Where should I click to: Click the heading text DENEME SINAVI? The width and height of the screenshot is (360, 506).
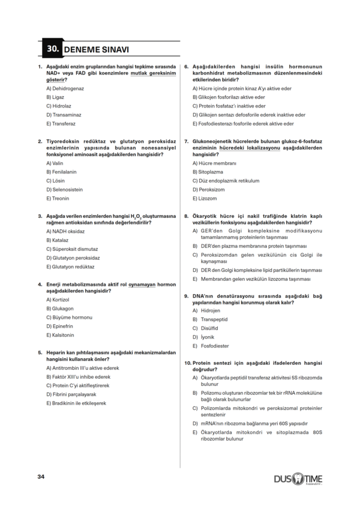(95, 49)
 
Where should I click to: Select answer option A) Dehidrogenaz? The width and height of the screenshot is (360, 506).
(65, 88)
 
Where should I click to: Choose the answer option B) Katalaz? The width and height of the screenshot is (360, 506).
(58, 239)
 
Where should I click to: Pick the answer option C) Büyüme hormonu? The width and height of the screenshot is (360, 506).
(69, 317)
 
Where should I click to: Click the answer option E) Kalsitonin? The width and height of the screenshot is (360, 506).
(60, 335)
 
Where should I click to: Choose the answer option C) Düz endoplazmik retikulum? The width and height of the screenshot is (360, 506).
(226, 180)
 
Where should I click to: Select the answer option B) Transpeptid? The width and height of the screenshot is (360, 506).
(211, 319)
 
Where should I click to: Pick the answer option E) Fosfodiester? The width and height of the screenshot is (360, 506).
(211, 346)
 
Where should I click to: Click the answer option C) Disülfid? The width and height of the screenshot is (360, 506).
(207, 328)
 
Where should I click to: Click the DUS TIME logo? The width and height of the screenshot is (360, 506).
(298, 478)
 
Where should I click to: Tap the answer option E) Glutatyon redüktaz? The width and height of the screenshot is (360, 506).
(70, 267)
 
